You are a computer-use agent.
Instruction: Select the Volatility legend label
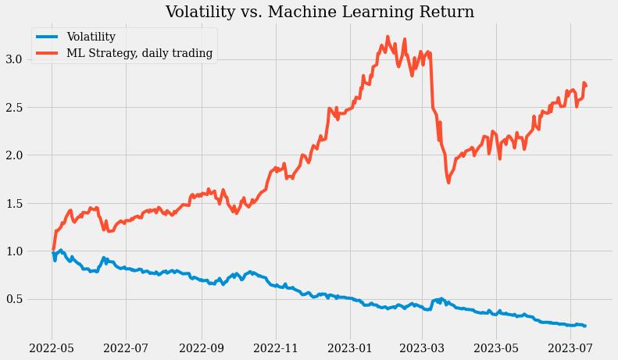tap(91, 37)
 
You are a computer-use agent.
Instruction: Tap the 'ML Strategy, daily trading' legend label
tap(140, 53)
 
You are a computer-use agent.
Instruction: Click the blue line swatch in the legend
tap(48, 37)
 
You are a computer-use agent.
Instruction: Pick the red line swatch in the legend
tap(48, 53)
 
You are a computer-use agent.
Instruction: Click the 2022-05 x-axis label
tap(52, 347)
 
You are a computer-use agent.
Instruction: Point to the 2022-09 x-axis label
tap(202, 347)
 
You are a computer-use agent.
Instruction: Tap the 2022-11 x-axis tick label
tap(276, 347)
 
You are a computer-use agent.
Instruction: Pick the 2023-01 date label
tap(350, 347)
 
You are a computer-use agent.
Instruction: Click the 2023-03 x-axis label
tap(422, 347)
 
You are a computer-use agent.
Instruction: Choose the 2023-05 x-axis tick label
tap(496, 347)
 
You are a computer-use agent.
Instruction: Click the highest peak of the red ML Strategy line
tap(388, 36)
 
